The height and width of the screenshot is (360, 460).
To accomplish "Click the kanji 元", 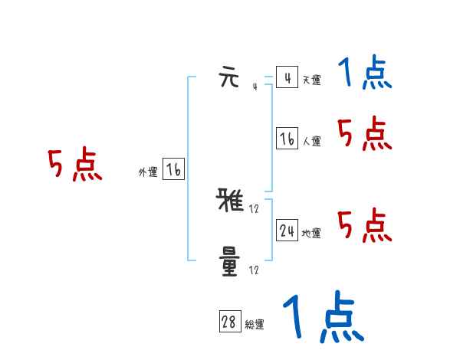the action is [x=230, y=78].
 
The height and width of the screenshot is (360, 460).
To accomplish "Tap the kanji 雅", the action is [x=230, y=202].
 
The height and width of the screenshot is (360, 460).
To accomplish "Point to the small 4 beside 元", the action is [x=254, y=87].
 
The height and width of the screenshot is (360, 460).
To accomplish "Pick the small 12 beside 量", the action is [x=254, y=270].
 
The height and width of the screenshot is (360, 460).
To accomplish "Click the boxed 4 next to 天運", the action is [x=287, y=78].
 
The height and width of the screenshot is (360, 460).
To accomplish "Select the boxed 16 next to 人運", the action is [x=287, y=139].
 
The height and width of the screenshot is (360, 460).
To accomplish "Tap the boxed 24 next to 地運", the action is [x=287, y=231].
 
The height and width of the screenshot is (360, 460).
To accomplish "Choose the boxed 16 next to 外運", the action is [x=173, y=170].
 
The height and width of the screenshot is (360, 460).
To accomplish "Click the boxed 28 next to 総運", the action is [x=229, y=322].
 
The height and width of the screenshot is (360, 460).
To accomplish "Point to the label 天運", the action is [x=311, y=80].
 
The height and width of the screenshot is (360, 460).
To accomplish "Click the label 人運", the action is [x=311, y=141].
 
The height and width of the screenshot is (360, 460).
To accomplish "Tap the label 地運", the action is [x=311, y=233].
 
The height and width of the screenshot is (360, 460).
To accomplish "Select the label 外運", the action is [x=148, y=172].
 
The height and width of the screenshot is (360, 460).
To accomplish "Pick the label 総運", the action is [x=255, y=325].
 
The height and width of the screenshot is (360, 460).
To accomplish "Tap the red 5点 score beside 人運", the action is [x=365, y=135].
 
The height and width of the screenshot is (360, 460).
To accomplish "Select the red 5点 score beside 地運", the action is [x=365, y=225].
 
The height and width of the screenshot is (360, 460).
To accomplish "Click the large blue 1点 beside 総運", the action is [x=323, y=317].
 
